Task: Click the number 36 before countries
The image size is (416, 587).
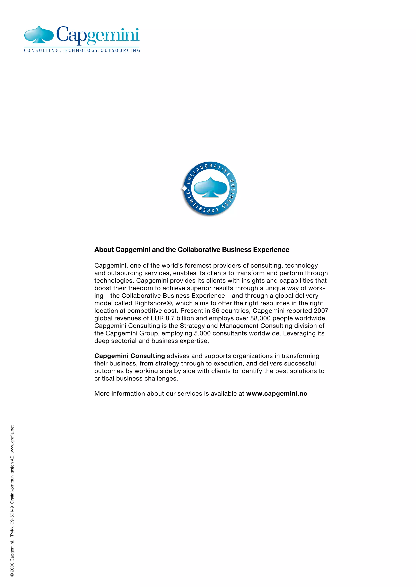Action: pyautogui.click(x=216, y=311)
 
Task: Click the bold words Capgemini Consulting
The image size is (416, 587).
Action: pyautogui.click(x=130, y=356)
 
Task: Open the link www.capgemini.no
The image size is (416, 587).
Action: pyautogui.click(x=277, y=394)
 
